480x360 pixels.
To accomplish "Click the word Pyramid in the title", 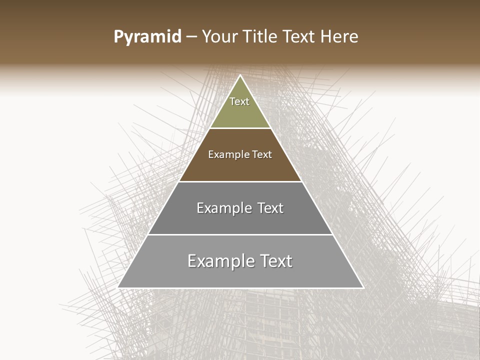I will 147,37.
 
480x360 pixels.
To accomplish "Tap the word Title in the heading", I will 262,37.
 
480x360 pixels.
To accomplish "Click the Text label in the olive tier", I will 239,101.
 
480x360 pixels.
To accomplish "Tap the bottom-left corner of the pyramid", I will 118,287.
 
